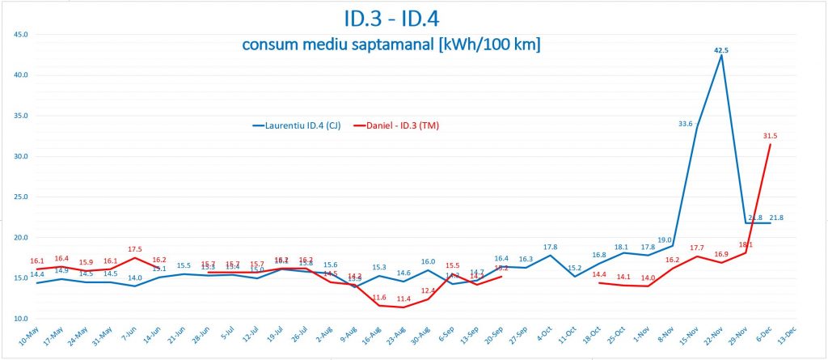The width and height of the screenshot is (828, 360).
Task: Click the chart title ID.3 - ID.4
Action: pos(413,17)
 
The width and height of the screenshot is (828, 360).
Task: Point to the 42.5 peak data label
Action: pos(721,49)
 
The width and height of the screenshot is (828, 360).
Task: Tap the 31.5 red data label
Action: pos(769,136)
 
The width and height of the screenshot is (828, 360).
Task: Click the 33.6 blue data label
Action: pos(685,124)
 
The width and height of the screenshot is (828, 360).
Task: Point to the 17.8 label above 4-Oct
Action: pos(550,247)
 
